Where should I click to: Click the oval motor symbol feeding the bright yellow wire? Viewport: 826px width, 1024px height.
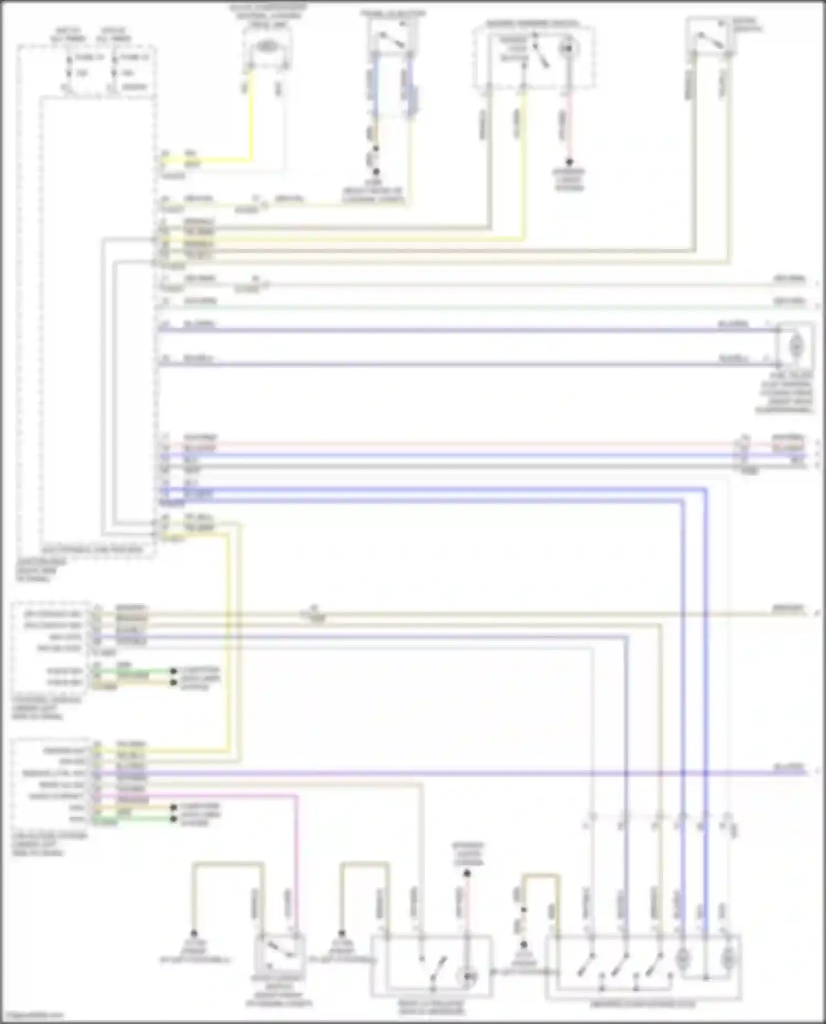(x=267, y=48)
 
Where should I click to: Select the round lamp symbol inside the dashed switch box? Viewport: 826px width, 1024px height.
(x=567, y=49)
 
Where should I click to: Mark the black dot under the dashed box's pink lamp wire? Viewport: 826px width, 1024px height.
(x=569, y=162)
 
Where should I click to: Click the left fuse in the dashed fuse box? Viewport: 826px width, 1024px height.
(x=70, y=66)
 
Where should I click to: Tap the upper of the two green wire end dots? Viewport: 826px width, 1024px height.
(x=173, y=671)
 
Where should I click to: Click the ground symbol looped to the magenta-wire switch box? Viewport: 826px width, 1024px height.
(x=194, y=934)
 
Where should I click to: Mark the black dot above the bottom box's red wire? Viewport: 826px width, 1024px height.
(x=467, y=873)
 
